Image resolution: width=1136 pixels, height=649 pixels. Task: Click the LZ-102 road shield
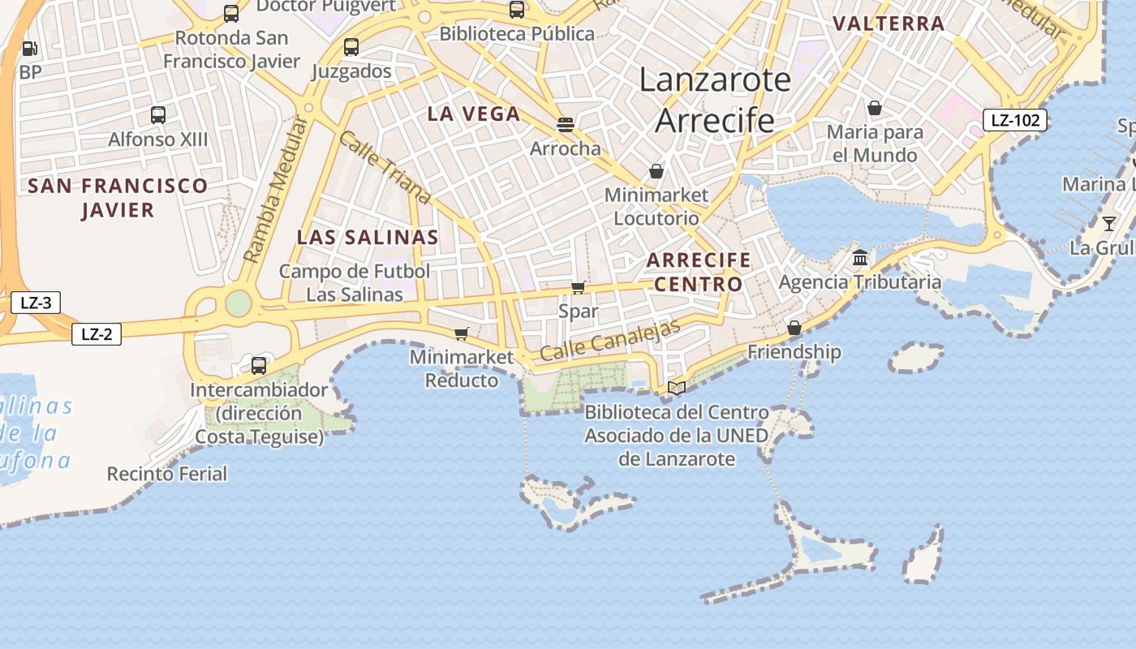pyautogui.click(x=1015, y=121)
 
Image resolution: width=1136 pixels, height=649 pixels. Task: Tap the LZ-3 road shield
pyautogui.click(x=36, y=303)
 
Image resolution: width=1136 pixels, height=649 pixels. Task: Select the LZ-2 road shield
pyautogui.click(x=97, y=333)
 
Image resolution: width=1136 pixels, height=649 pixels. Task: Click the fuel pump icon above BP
pyautogui.click(x=30, y=49)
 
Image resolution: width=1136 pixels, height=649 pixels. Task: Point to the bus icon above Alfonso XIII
pyautogui.click(x=158, y=115)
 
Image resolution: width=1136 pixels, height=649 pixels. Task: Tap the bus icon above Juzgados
pyautogui.click(x=351, y=47)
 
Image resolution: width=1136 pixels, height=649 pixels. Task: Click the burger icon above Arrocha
pyautogui.click(x=566, y=125)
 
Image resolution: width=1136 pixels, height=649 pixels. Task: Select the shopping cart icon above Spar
pyautogui.click(x=579, y=288)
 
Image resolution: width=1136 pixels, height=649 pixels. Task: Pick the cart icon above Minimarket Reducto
pyautogui.click(x=462, y=333)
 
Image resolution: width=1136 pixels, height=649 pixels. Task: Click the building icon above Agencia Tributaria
pyautogui.click(x=860, y=259)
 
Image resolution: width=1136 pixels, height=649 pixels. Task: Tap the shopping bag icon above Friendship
pyautogui.click(x=794, y=329)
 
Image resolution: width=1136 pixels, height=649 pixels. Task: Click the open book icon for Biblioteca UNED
pyautogui.click(x=677, y=389)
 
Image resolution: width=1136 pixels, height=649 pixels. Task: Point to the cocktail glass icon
pyautogui.click(x=1109, y=223)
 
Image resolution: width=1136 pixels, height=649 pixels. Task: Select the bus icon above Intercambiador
pyautogui.click(x=259, y=366)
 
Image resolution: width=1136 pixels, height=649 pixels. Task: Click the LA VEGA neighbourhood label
pyautogui.click(x=474, y=114)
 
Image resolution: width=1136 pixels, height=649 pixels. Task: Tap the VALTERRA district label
pyautogui.click(x=889, y=24)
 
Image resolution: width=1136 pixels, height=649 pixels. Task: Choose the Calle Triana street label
pyautogui.click(x=384, y=167)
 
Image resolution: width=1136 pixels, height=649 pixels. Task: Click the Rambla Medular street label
pyautogui.click(x=277, y=190)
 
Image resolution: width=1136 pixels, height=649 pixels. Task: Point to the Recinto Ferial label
pyautogui.click(x=167, y=474)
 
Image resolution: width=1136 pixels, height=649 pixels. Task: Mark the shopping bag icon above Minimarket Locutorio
pyautogui.click(x=656, y=172)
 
